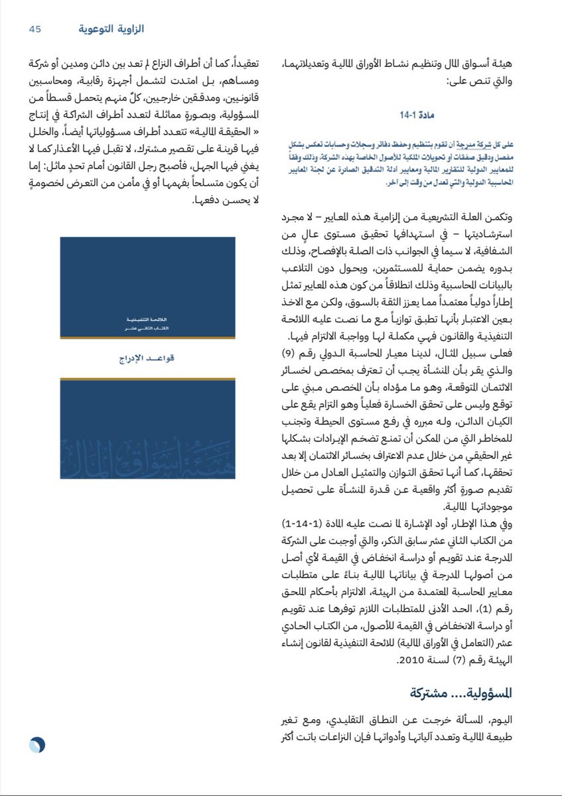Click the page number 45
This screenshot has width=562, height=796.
35,29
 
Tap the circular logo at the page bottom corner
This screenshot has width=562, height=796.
36,745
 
